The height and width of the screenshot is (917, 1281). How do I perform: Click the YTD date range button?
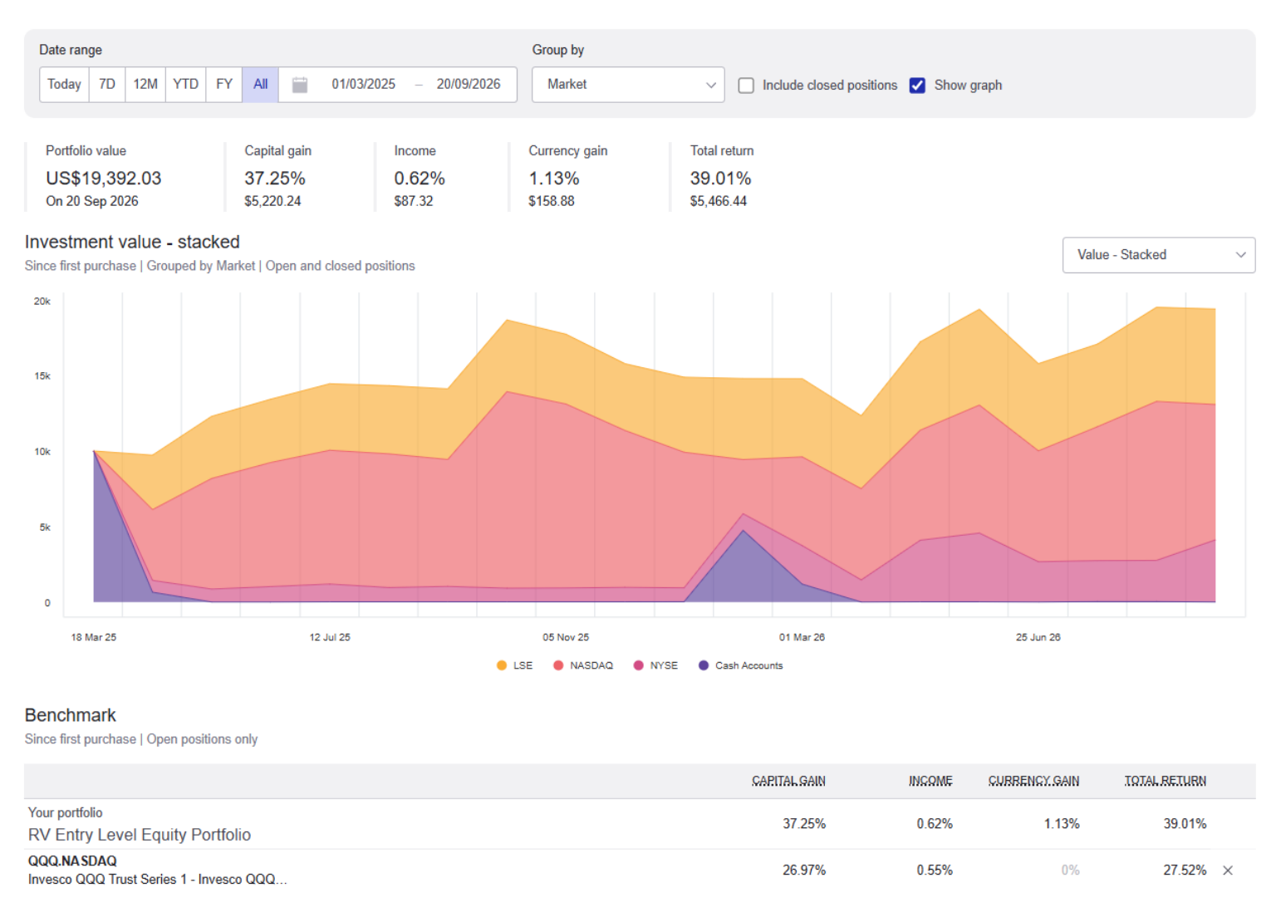185,85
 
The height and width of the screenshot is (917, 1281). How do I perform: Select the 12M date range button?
145,85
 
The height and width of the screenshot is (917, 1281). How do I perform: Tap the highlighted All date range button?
260,85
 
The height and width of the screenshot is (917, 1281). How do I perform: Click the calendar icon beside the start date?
300,86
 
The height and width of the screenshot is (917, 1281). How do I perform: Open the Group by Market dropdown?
628,85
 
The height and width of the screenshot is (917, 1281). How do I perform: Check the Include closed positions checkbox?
746,86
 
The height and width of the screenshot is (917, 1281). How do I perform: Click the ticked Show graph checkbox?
917,86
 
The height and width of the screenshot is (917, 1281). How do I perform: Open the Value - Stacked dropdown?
1159,255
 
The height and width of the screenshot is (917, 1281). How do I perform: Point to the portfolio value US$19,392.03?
104,179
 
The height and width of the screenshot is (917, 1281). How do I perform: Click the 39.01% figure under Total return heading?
720,179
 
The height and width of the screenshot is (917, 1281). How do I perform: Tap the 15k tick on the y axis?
42,376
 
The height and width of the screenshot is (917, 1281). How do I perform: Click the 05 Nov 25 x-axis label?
566,637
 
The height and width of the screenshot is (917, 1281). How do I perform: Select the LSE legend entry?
515,665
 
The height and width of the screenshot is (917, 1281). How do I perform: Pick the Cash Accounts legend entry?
740,665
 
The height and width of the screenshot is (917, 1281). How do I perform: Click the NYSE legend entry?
655,665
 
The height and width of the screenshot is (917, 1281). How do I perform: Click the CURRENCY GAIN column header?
1033,781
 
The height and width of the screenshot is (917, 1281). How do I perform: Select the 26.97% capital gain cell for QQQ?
804,870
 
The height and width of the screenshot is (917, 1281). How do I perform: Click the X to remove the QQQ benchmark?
1228,870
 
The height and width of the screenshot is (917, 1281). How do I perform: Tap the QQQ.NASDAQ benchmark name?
72,861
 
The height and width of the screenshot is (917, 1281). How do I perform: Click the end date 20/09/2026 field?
469,84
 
